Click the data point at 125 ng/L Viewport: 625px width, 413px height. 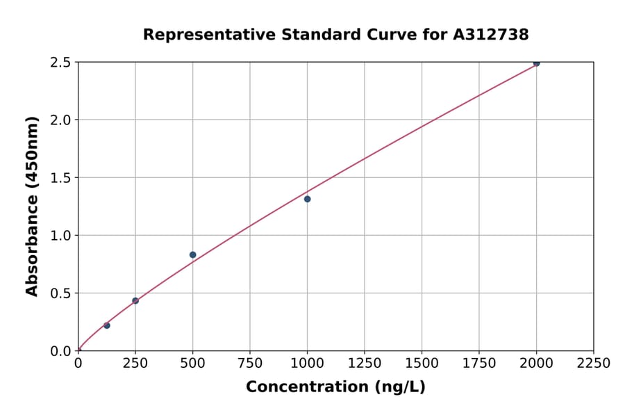pyautogui.click(x=107, y=325)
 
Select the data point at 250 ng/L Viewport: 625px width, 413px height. pyautogui.click(x=135, y=301)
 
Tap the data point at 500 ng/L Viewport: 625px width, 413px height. pyautogui.click(x=193, y=255)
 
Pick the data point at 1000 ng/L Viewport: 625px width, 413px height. pyautogui.click(x=307, y=199)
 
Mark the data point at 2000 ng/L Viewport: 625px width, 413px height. pyautogui.click(x=536, y=63)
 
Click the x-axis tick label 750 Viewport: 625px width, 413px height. pyautogui.click(x=250, y=364)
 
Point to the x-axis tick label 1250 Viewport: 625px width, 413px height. pyautogui.click(x=365, y=364)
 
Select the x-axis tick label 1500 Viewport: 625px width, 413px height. pyautogui.click(x=422, y=364)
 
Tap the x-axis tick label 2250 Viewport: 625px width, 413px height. pyautogui.click(x=594, y=364)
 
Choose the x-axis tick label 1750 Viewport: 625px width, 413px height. pyautogui.click(x=479, y=364)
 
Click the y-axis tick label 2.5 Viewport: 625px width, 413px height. pyautogui.click(x=61, y=63)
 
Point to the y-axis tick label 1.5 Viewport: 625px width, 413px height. pyautogui.click(x=61, y=178)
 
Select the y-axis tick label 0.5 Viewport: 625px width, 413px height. pyautogui.click(x=61, y=293)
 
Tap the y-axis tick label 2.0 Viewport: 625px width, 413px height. pyautogui.click(x=61, y=120)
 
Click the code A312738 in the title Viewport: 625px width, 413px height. pyautogui.click(x=491, y=35)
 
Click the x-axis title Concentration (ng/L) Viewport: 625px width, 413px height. pyautogui.click(x=335, y=387)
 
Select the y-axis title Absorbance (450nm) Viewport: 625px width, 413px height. pyautogui.click(x=32, y=206)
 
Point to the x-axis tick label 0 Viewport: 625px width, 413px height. pyautogui.click(x=78, y=364)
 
